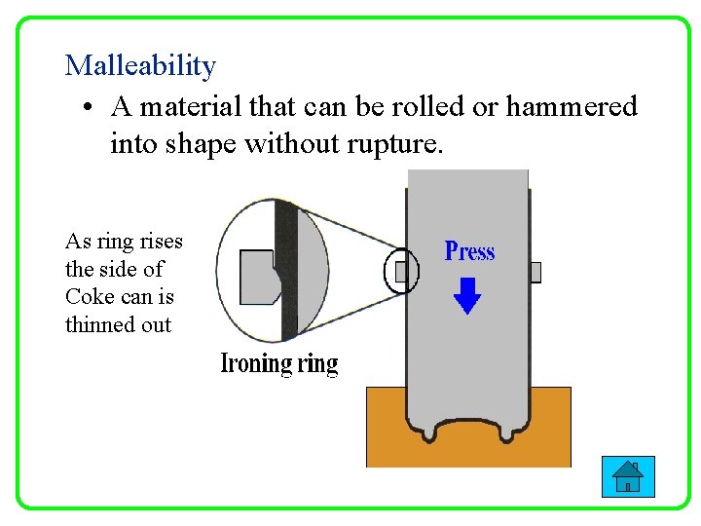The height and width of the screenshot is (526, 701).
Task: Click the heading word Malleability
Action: [x=140, y=66]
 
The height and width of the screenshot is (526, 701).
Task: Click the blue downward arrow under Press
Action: [x=468, y=295]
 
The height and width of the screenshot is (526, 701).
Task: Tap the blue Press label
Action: [x=469, y=251]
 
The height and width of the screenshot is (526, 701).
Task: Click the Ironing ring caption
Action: [x=279, y=363]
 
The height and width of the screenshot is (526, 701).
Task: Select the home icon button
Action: [x=628, y=476]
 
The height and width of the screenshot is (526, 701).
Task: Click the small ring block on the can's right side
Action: [x=535, y=272]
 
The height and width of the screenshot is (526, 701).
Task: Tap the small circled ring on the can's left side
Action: [x=401, y=272]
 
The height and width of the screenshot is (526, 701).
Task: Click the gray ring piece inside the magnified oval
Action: [x=256, y=277]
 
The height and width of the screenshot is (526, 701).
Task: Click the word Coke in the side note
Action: [x=90, y=297]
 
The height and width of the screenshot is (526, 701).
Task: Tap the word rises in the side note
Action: [x=162, y=242]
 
